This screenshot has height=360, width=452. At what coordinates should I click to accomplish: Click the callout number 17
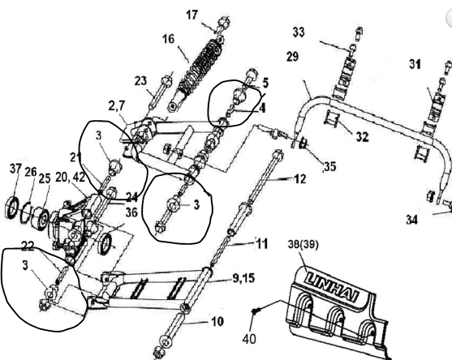[x=192, y=15]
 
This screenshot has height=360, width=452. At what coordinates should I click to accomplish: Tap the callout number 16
[x=168, y=39]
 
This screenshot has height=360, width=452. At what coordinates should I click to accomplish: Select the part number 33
[x=299, y=32]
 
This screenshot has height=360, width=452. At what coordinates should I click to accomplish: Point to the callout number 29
[x=292, y=57]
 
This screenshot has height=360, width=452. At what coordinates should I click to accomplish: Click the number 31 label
[x=415, y=64]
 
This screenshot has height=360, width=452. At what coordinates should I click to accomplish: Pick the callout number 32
[x=363, y=137]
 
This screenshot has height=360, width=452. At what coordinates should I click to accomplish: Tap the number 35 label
[x=330, y=166]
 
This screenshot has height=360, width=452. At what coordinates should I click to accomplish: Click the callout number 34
[x=412, y=220]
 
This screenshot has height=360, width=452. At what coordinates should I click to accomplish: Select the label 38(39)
[x=303, y=245]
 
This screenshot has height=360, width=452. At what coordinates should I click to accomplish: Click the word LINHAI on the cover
[x=333, y=288]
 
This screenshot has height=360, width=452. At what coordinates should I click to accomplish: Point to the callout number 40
[x=249, y=339]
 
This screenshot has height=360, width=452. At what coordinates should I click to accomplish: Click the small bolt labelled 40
[x=256, y=311]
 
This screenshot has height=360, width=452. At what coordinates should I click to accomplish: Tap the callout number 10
[x=217, y=321]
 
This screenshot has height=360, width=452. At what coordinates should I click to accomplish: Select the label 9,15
[x=243, y=278]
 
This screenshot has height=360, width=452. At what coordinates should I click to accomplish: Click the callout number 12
[x=299, y=179]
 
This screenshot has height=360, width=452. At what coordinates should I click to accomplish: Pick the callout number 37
[x=15, y=169]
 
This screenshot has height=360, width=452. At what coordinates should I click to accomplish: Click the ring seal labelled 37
[x=11, y=207]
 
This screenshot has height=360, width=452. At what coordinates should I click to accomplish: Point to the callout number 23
[x=140, y=81]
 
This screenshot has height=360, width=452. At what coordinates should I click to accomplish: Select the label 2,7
[x=117, y=106]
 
